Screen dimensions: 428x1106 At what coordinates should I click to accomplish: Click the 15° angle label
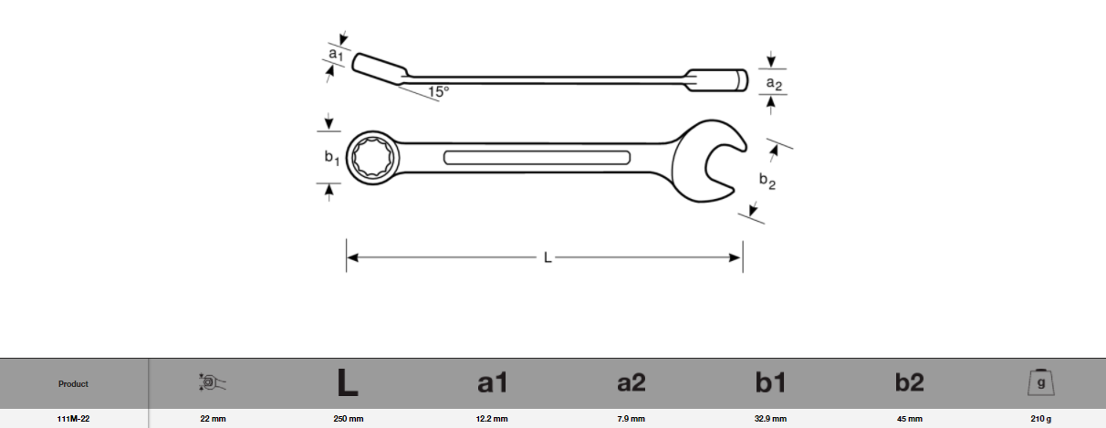[439, 91]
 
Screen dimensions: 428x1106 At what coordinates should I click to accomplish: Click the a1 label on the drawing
[336, 56]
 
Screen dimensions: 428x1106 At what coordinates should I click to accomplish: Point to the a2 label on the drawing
[773, 83]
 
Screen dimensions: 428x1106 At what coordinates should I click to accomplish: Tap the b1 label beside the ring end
[331, 158]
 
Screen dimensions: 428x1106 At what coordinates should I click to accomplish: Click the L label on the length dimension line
[548, 258]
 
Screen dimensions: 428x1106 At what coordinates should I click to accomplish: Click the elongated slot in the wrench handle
[537, 157]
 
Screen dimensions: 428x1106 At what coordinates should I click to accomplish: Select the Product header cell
[74, 384]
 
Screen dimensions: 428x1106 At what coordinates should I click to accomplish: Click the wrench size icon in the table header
[212, 383]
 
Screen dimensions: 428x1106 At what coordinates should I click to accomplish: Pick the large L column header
[347, 383]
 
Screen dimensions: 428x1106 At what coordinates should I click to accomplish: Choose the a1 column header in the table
[492, 384]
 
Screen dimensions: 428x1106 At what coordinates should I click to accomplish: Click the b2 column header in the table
[909, 384]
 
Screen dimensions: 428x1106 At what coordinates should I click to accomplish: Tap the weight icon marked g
[1041, 382]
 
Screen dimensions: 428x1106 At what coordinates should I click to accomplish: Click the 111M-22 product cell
[74, 419]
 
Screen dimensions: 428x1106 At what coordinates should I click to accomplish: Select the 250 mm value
[347, 419]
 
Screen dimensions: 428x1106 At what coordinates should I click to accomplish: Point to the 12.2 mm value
[492, 419]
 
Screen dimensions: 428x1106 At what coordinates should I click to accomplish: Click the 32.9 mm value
[770, 419]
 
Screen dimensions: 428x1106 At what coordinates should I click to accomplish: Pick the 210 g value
[1041, 419]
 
